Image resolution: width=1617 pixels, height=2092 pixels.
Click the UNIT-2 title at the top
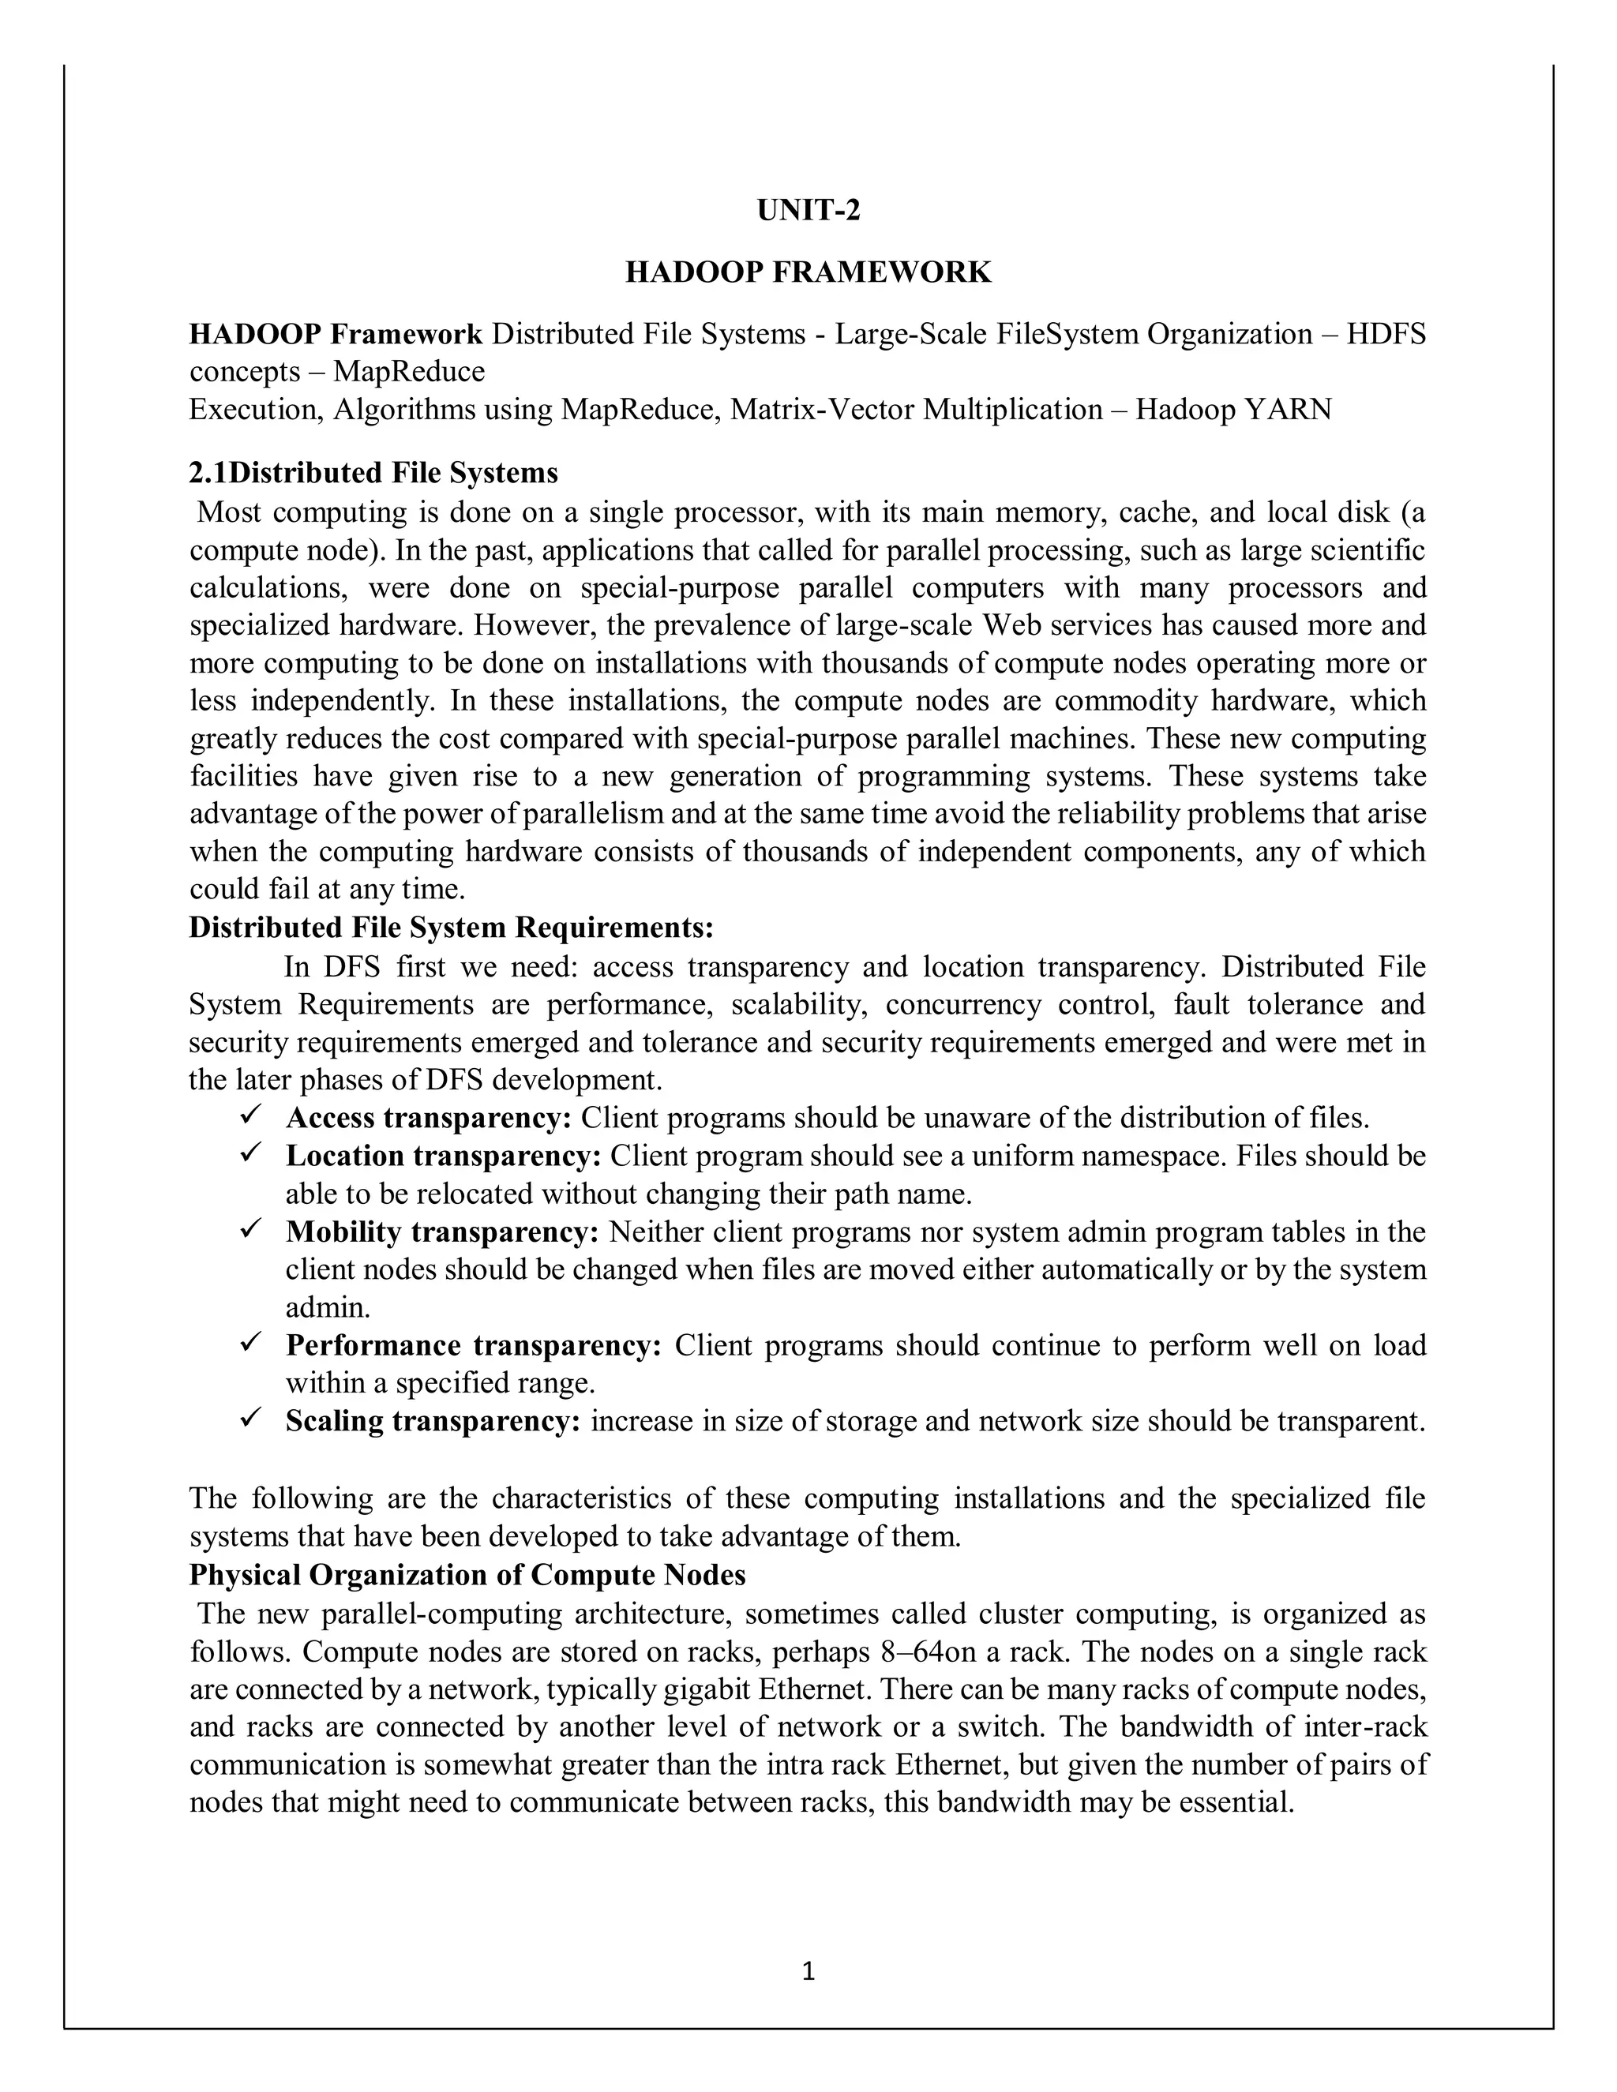(x=808, y=211)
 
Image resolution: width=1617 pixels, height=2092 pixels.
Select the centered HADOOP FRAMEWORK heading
(x=808, y=273)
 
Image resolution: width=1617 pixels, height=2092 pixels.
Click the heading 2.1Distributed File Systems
(x=373, y=473)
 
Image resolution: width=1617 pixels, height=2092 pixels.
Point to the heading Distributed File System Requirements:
(x=451, y=928)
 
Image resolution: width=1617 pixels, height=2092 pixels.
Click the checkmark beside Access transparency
(x=251, y=1116)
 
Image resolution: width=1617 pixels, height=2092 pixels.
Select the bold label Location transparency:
(x=443, y=1157)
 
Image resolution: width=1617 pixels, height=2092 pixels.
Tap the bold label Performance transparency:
(x=473, y=1346)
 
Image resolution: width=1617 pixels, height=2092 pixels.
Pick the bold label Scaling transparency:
(x=433, y=1420)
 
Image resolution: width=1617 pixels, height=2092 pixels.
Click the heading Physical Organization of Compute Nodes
(x=467, y=1576)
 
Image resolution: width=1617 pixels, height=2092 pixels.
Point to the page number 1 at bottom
(x=808, y=1971)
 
